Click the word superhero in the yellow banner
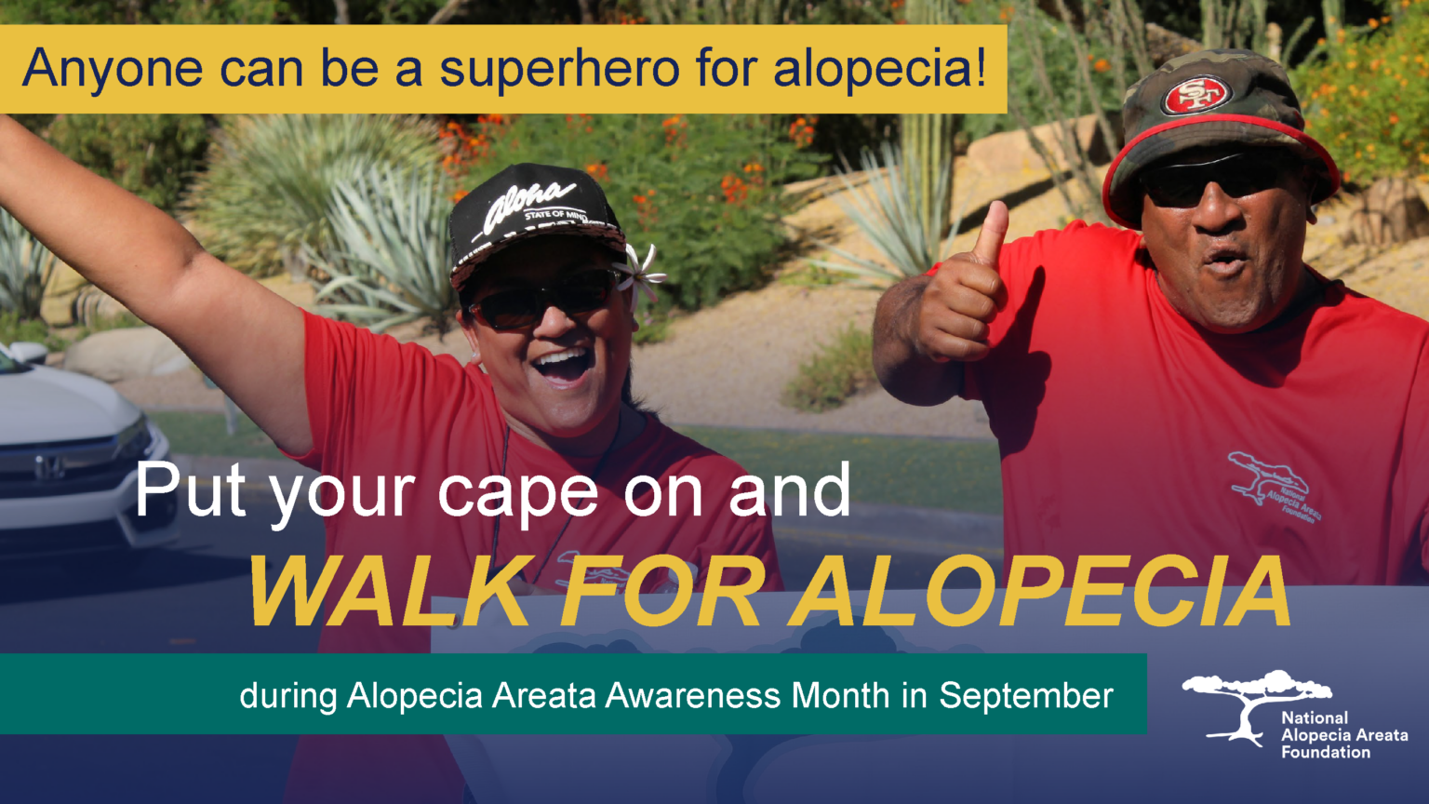click(558, 69)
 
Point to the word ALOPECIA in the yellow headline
click(1040, 593)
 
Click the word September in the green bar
click(1025, 695)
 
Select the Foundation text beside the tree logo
click(1326, 752)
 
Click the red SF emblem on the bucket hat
click(1197, 94)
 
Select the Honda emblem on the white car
click(45, 466)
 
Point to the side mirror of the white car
click(28, 353)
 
